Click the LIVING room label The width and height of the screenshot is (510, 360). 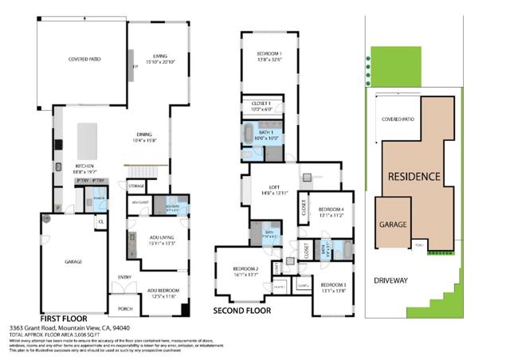(158, 55)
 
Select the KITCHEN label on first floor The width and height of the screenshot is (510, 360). (85, 166)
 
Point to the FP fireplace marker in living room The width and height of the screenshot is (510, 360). (135, 68)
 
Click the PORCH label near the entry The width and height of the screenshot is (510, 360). (124, 309)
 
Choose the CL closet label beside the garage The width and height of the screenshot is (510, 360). (101, 221)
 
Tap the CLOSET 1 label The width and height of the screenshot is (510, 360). (262, 104)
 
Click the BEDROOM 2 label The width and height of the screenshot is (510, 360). (245, 269)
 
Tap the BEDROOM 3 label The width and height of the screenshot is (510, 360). (333, 284)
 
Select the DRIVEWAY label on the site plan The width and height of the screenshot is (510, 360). (395, 280)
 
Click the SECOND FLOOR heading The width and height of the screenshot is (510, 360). (242, 310)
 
